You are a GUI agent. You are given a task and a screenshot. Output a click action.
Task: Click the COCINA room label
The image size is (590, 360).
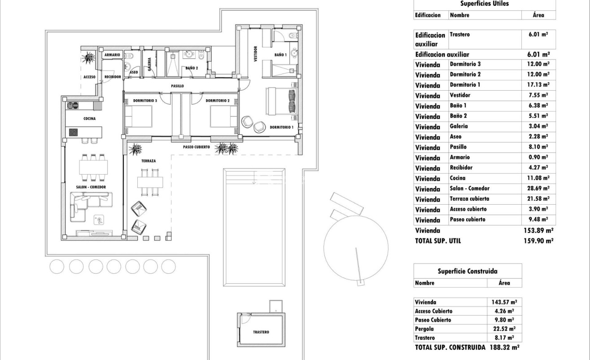89,119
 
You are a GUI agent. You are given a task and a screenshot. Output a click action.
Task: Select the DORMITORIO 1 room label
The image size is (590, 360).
281,127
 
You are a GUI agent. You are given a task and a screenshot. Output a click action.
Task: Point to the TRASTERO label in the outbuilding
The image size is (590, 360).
261,332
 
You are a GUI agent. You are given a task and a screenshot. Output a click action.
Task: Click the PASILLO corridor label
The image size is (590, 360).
177,86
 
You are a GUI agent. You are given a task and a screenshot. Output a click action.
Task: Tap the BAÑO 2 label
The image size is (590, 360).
192,68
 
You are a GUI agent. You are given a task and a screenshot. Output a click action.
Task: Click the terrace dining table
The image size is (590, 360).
150,182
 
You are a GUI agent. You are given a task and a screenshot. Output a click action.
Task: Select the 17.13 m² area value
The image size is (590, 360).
538,85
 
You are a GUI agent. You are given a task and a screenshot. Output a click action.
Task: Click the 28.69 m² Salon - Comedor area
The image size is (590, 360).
538,189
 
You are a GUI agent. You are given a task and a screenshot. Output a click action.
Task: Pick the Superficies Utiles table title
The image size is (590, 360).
484,4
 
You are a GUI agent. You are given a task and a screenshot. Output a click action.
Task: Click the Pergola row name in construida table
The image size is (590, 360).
425,329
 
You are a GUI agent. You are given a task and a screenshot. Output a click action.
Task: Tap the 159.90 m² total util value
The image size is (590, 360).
540,241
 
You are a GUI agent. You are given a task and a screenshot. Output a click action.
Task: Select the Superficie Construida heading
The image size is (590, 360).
467,271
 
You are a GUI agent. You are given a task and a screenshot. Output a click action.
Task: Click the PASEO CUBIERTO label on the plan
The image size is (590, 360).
197,147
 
